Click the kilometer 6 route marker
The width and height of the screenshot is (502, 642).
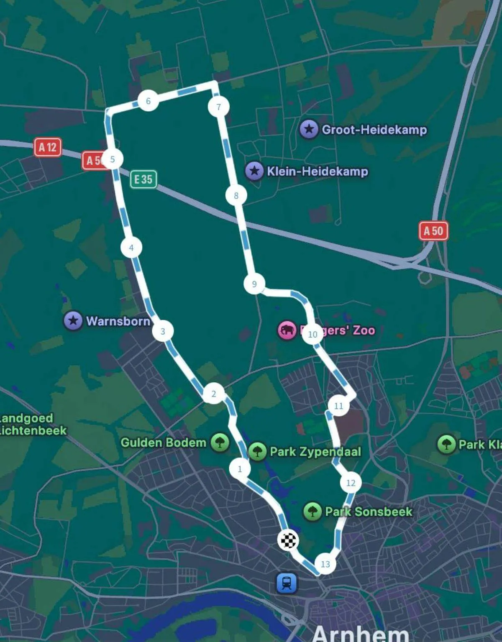point(148,101)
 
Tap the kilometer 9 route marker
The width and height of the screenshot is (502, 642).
point(254,284)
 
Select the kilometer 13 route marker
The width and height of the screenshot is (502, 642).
point(325,564)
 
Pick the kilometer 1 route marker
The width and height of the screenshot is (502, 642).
point(240,468)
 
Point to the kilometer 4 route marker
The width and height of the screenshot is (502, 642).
point(131,248)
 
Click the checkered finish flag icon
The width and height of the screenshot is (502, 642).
point(288,540)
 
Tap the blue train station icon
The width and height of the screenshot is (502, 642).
point(287,583)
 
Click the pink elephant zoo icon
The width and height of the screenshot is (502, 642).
point(287,330)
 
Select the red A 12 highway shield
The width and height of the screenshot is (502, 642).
point(48,147)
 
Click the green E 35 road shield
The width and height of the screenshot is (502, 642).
point(143,179)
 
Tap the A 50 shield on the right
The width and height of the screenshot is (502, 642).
point(433,231)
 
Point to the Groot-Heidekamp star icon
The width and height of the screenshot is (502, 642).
point(309,129)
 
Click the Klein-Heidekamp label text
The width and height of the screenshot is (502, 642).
point(318,171)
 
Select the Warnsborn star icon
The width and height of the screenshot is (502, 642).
point(73,321)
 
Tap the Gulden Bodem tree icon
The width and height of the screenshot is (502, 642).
point(220,442)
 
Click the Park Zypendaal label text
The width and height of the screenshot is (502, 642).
point(315,452)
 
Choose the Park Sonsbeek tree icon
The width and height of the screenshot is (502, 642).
point(312,512)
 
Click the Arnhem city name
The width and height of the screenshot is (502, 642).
point(360,633)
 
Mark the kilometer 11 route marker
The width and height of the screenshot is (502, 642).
point(338,406)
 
